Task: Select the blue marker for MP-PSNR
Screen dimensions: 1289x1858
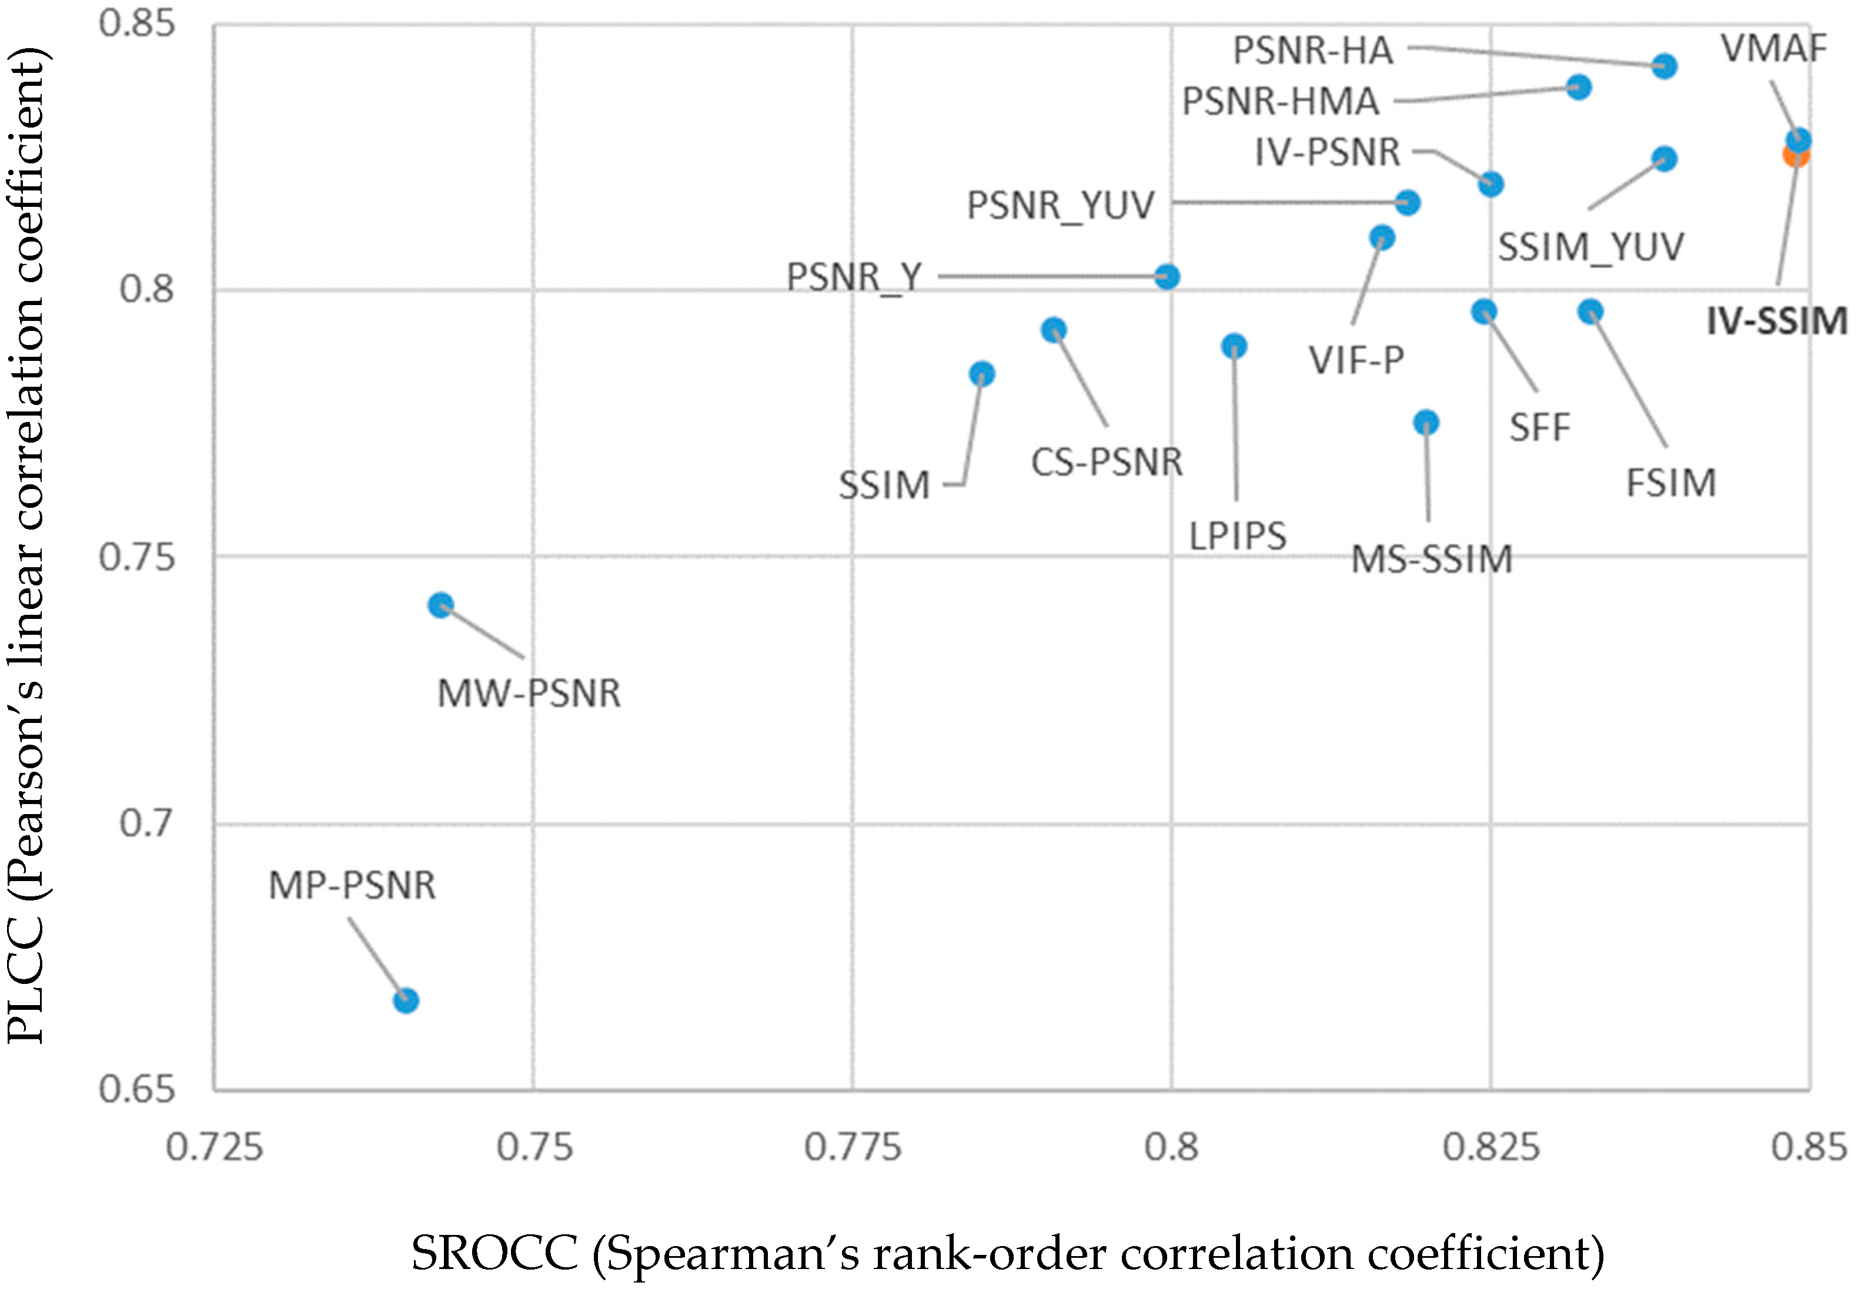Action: [x=406, y=1000]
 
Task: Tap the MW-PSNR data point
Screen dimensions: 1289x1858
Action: [x=440, y=605]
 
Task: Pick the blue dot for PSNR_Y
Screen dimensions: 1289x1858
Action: [x=1167, y=277]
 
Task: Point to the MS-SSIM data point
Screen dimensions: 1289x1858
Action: [x=1426, y=423]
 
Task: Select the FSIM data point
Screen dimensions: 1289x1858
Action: [x=1590, y=312]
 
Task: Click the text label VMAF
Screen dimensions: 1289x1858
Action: [x=1773, y=48]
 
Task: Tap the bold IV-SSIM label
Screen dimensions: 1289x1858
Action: [x=1776, y=322]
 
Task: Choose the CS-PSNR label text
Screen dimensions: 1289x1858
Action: [x=1107, y=463]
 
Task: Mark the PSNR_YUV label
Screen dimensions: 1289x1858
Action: [x=1061, y=205]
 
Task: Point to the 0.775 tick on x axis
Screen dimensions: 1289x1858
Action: [x=852, y=1147]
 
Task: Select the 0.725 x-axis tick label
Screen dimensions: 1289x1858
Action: [x=214, y=1147]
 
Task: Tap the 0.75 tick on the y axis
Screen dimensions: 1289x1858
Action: [x=136, y=557]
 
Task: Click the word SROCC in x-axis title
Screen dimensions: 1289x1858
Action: [x=494, y=1254]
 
